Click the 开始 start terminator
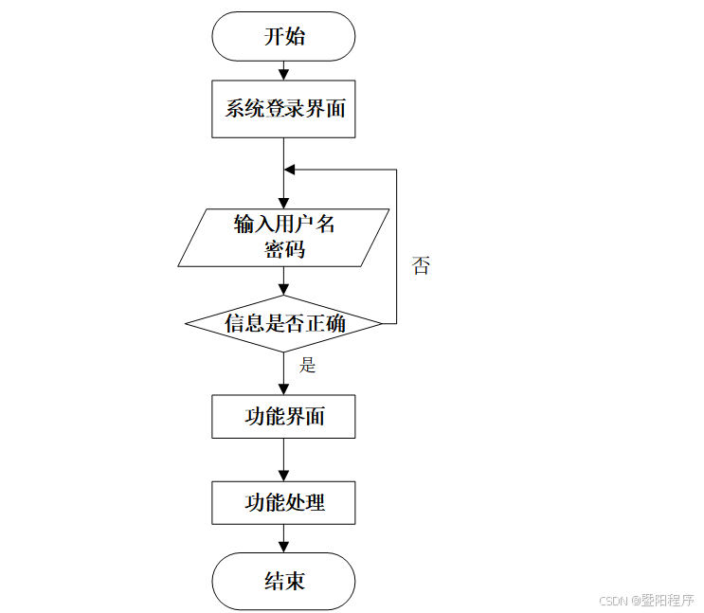(x=283, y=37)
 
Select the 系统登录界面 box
(x=283, y=108)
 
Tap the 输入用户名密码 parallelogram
(x=283, y=237)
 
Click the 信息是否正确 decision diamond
(x=283, y=324)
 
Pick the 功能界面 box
(x=283, y=416)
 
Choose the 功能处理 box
(x=283, y=502)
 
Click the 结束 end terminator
(x=283, y=580)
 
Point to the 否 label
(x=421, y=266)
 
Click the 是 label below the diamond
(x=307, y=365)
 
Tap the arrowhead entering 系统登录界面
(x=283, y=75)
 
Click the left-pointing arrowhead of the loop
(x=290, y=170)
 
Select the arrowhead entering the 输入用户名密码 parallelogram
(x=283, y=203)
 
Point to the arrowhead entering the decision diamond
(x=283, y=290)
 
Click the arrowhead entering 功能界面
(x=283, y=389)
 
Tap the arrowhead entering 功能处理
(x=283, y=477)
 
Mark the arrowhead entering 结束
(x=283, y=547)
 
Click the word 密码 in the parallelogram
(x=284, y=250)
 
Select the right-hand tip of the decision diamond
(x=381, y=324)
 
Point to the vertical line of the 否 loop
(x=396, y=246)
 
